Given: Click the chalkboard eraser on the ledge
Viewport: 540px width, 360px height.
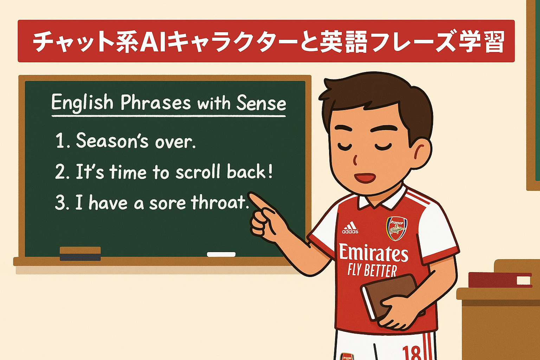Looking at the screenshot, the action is [80, 254].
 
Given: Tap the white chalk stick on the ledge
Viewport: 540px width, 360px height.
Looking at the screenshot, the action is [221, 255].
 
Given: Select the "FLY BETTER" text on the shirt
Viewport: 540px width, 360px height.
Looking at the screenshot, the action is [372, 271].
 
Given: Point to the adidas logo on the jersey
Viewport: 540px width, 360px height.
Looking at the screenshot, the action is [350, 227].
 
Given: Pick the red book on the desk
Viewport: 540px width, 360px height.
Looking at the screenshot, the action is [500, 280].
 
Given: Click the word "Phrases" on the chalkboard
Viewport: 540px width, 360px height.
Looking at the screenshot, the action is [155, 103].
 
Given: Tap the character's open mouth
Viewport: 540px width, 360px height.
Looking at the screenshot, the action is [365, 178].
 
